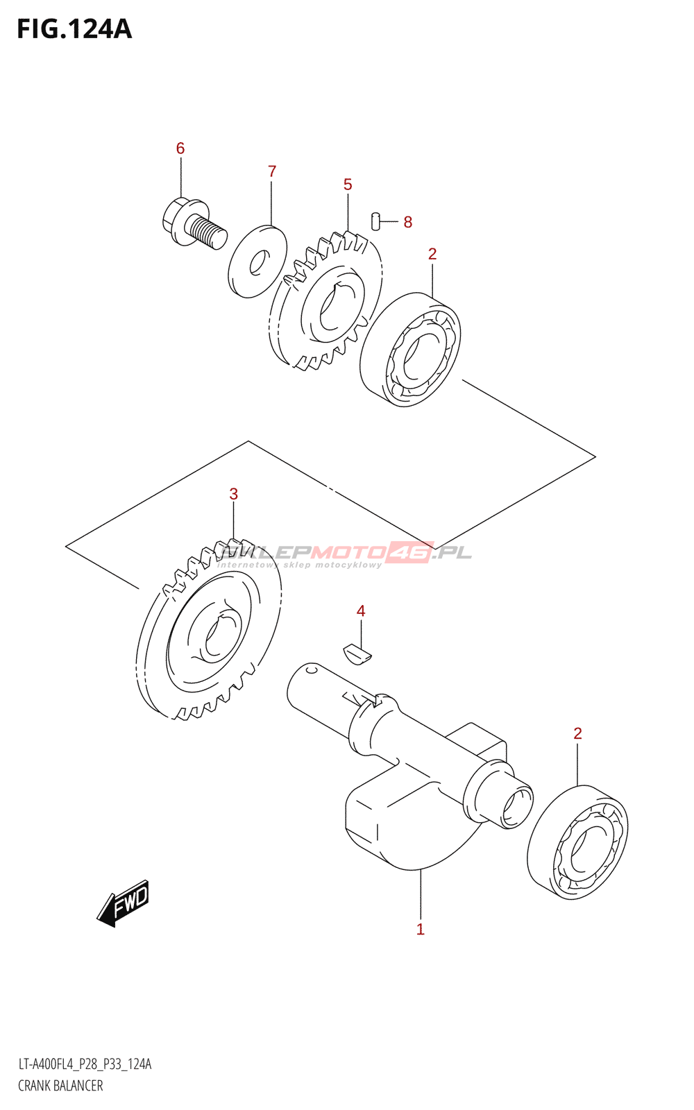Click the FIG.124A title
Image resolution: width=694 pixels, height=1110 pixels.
point(74,29)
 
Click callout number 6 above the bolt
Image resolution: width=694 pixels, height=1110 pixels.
point(180,148)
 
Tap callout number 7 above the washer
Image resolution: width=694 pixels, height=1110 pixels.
point(272,171)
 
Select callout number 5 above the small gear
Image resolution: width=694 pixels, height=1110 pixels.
point(348,184)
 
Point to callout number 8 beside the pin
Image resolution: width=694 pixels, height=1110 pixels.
point(408,222)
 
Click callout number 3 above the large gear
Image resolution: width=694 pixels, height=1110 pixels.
point(234,494)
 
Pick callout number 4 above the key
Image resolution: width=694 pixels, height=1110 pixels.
point(361,610)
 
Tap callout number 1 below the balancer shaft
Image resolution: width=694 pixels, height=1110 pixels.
point(420,929)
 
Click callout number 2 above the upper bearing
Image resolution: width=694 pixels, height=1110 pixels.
point(432,254)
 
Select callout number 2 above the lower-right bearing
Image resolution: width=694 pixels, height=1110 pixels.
point(577,733)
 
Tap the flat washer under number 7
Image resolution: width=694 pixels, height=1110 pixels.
point(257,261)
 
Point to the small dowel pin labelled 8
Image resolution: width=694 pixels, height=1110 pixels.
point(376,220)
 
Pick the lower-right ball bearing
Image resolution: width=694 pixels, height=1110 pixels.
point(577,843)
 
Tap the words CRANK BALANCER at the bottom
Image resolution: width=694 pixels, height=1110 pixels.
point(60,1086)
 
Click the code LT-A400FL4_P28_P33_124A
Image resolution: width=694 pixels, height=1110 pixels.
point(85,1064)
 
